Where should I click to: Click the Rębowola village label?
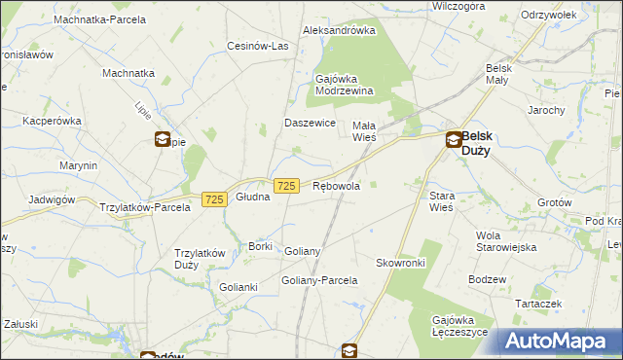click(x=336, y=186)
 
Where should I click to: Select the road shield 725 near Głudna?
click(x=215, y=198)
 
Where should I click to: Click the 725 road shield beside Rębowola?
click(x=286, y=186)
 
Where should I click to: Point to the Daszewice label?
click(x=310, y=124)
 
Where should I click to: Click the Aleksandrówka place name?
click(x=339, y=30)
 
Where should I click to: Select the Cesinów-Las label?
click(x=258, y=46)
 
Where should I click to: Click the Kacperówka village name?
click(x=54, y=121)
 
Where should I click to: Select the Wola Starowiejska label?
click(x=506, y=241)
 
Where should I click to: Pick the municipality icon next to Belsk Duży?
click(x=454, y=140)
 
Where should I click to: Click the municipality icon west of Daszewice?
click(x=162, y=139)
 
